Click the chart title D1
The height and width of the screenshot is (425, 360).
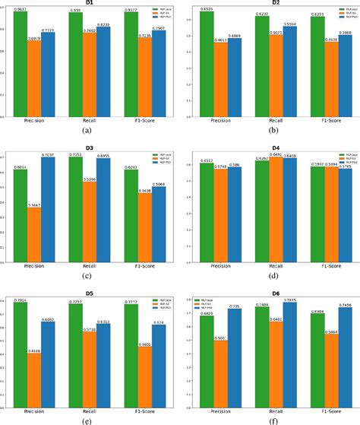[x=90, y=4]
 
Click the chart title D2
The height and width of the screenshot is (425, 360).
[x=270, y=4]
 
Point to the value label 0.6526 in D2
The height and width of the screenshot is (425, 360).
[x=206, y=9]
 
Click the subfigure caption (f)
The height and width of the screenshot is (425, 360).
[x=270, y=419]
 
